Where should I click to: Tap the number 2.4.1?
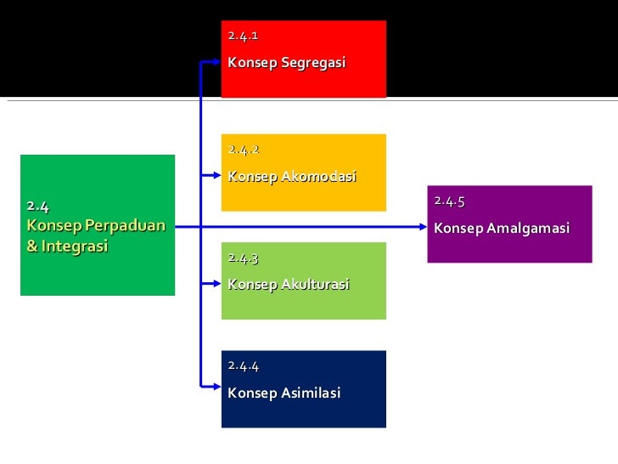coord(243,36)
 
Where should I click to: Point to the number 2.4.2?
coord(243,150)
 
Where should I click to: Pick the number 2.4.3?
coord(243,257)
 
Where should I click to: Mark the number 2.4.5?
coord(449,201)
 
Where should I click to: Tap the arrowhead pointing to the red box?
coord(214,62)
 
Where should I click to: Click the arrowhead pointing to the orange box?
coord(214,175)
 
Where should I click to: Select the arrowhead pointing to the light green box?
coord(214,282)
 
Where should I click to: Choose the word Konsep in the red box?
coord(252,64)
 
